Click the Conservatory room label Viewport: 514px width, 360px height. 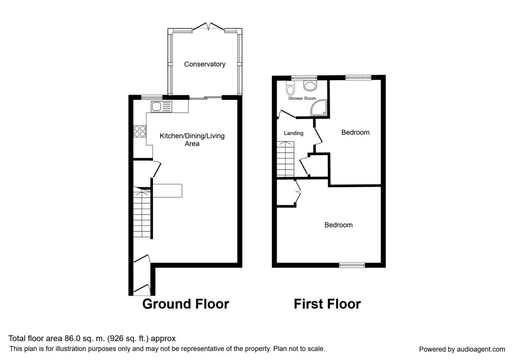205,64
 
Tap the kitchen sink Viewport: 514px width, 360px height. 161,107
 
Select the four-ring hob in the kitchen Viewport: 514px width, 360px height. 140,131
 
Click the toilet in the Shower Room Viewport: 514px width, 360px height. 290,88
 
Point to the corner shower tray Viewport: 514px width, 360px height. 319,108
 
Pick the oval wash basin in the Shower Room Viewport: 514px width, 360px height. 310,86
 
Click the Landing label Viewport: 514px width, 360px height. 293,133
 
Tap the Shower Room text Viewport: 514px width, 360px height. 302,98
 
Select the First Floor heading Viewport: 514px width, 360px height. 327,304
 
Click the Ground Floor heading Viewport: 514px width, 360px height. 185,304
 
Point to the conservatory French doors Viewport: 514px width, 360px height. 208,27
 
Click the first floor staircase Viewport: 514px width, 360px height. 285,159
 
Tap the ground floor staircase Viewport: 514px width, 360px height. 142,213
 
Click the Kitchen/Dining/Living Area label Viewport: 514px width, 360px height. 192,140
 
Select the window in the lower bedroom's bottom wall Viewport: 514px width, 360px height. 352,265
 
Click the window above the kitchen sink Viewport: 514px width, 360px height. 152,97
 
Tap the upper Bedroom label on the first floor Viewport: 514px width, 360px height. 355,132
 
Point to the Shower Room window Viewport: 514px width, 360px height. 304,78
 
